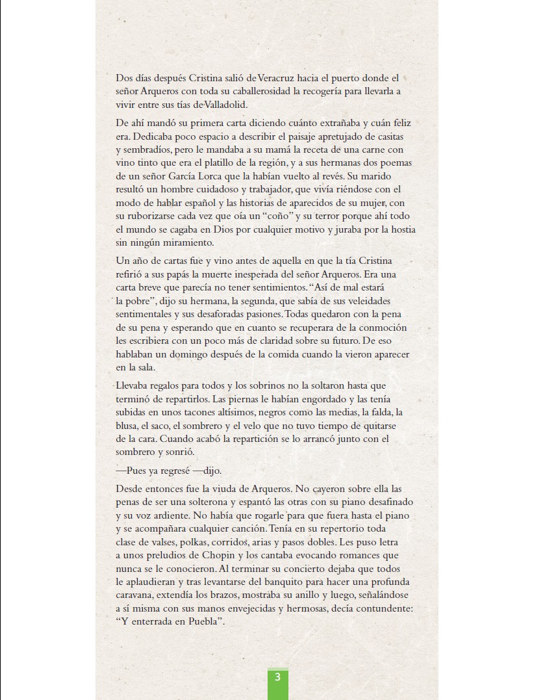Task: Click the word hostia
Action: (x=400, y=229)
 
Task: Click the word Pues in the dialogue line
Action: (x=138, y=471)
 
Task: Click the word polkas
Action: (x=193, y=541)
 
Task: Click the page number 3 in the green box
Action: (x=277, y=677)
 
